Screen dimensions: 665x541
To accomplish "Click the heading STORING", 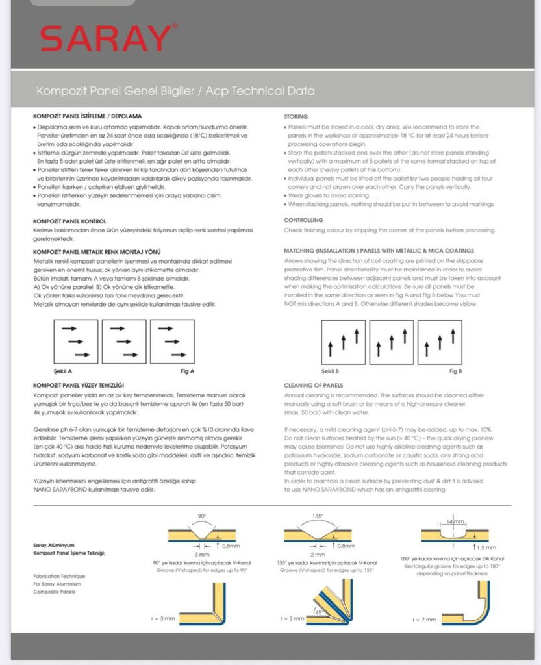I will (296, 116).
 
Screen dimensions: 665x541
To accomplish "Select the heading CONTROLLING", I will (303, 220).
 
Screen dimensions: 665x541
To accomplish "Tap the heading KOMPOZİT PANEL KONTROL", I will (69, 221).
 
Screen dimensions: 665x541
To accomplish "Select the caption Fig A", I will (188, 371).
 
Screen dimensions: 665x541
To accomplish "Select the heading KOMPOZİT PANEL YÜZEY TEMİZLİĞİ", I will (79, 385).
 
